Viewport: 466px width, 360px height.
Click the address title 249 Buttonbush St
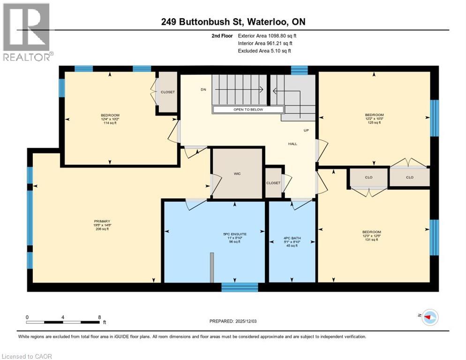(x=233, y=22)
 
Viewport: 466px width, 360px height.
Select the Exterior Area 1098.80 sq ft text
(x=267, y=35)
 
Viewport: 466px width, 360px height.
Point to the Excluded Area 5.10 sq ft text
(x=264, y=51)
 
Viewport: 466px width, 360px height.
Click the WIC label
(x=237, y=173)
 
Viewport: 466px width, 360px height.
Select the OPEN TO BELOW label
(x=248, y=110)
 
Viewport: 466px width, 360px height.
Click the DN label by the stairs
(x=203, y=89)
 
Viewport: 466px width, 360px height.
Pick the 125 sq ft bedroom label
(x=374, y=119)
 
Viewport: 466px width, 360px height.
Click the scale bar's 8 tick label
(x=99, y=317)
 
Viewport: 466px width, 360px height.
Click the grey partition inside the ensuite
(x=211, y=267)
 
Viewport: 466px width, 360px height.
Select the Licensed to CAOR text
(x=28, y=356)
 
